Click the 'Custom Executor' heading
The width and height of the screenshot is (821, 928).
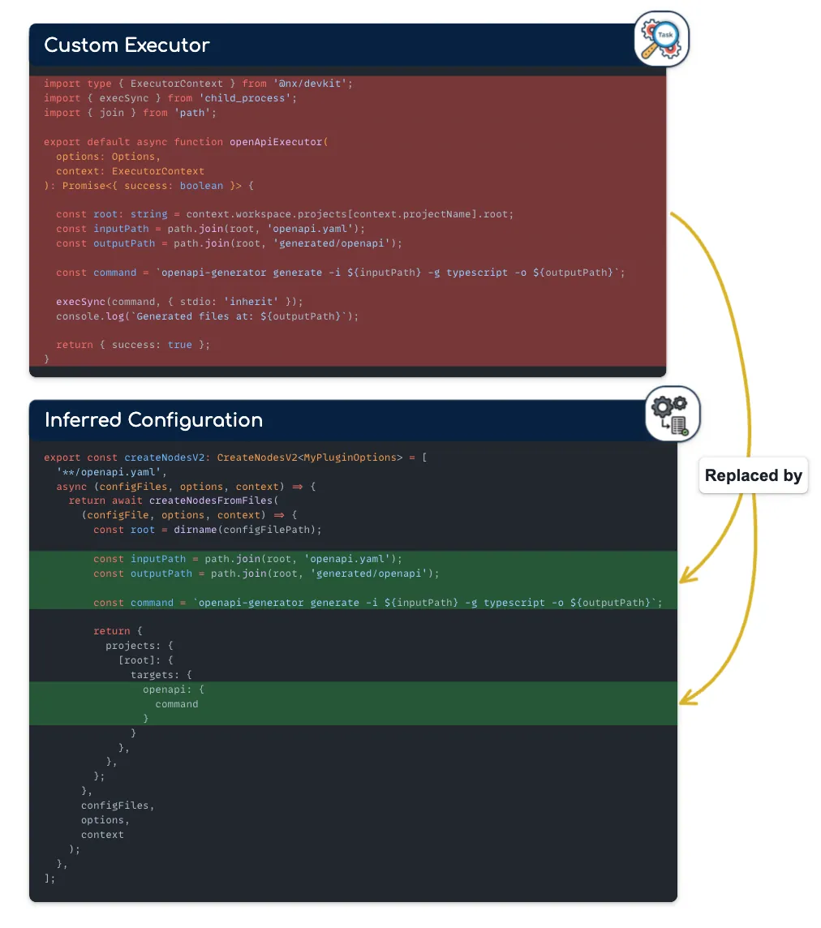tap(127, 45)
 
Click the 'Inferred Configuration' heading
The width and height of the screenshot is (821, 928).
tap(153, 420)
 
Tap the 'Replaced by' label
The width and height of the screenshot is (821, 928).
tap(753, 476)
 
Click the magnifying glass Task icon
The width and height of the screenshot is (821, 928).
tap(661, 39)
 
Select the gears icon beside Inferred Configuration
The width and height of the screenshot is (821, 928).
tap(672, 415)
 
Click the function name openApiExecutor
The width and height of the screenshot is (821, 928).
tap(276, 142)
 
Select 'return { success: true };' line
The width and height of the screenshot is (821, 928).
tap(132, 346)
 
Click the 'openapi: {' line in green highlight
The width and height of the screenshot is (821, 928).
tap(174, 690)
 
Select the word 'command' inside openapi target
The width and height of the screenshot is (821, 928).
tap(176, 704)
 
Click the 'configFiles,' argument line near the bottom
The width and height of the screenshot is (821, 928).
tap(117, 806)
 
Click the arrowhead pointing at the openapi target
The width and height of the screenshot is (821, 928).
tap(685, 698)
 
